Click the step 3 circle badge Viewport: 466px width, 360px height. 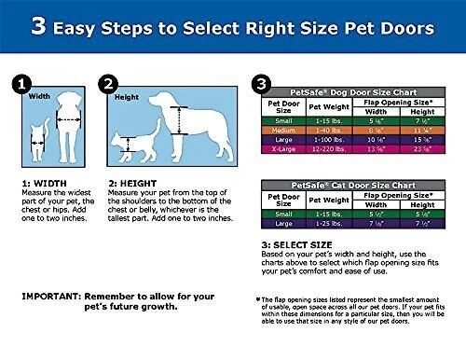click(262, 85)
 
